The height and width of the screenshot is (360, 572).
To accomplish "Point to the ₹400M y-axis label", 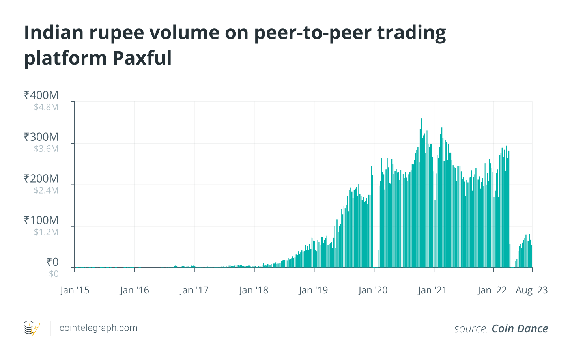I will click(x=41, y=95).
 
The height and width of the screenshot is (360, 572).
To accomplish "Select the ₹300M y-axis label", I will click(x=41, y=137).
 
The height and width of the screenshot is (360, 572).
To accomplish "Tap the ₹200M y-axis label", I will click(x=41, y=179).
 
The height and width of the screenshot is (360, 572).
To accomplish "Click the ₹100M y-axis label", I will click(x=41, y=220).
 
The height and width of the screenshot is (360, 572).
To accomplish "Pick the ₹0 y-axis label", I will click(x=52, y=262).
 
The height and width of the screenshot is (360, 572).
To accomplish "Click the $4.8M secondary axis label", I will click(x=46, y=107).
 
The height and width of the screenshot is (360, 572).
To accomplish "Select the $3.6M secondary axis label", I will click(x=46, y=149).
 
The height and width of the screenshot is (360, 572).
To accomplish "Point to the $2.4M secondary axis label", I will click(x=46, y=190).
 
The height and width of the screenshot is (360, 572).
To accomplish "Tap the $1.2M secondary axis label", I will click(x=46, y=232).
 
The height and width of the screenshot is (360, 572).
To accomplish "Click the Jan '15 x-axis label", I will click(x=75, y=290).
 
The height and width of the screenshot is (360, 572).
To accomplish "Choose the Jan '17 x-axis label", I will click(x=194, y=290).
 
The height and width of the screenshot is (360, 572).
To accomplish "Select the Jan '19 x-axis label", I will click(x=313, y=290).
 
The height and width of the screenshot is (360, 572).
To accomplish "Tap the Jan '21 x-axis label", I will click(x=432, y=290).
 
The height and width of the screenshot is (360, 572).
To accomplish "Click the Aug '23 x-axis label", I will click(x=531, y=290).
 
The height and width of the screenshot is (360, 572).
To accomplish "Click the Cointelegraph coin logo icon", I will click(x=32, y=328).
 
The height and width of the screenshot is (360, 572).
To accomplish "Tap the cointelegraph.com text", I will click(x=98, y=328).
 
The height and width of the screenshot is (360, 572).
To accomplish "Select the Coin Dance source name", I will click(x=520, y=329).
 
